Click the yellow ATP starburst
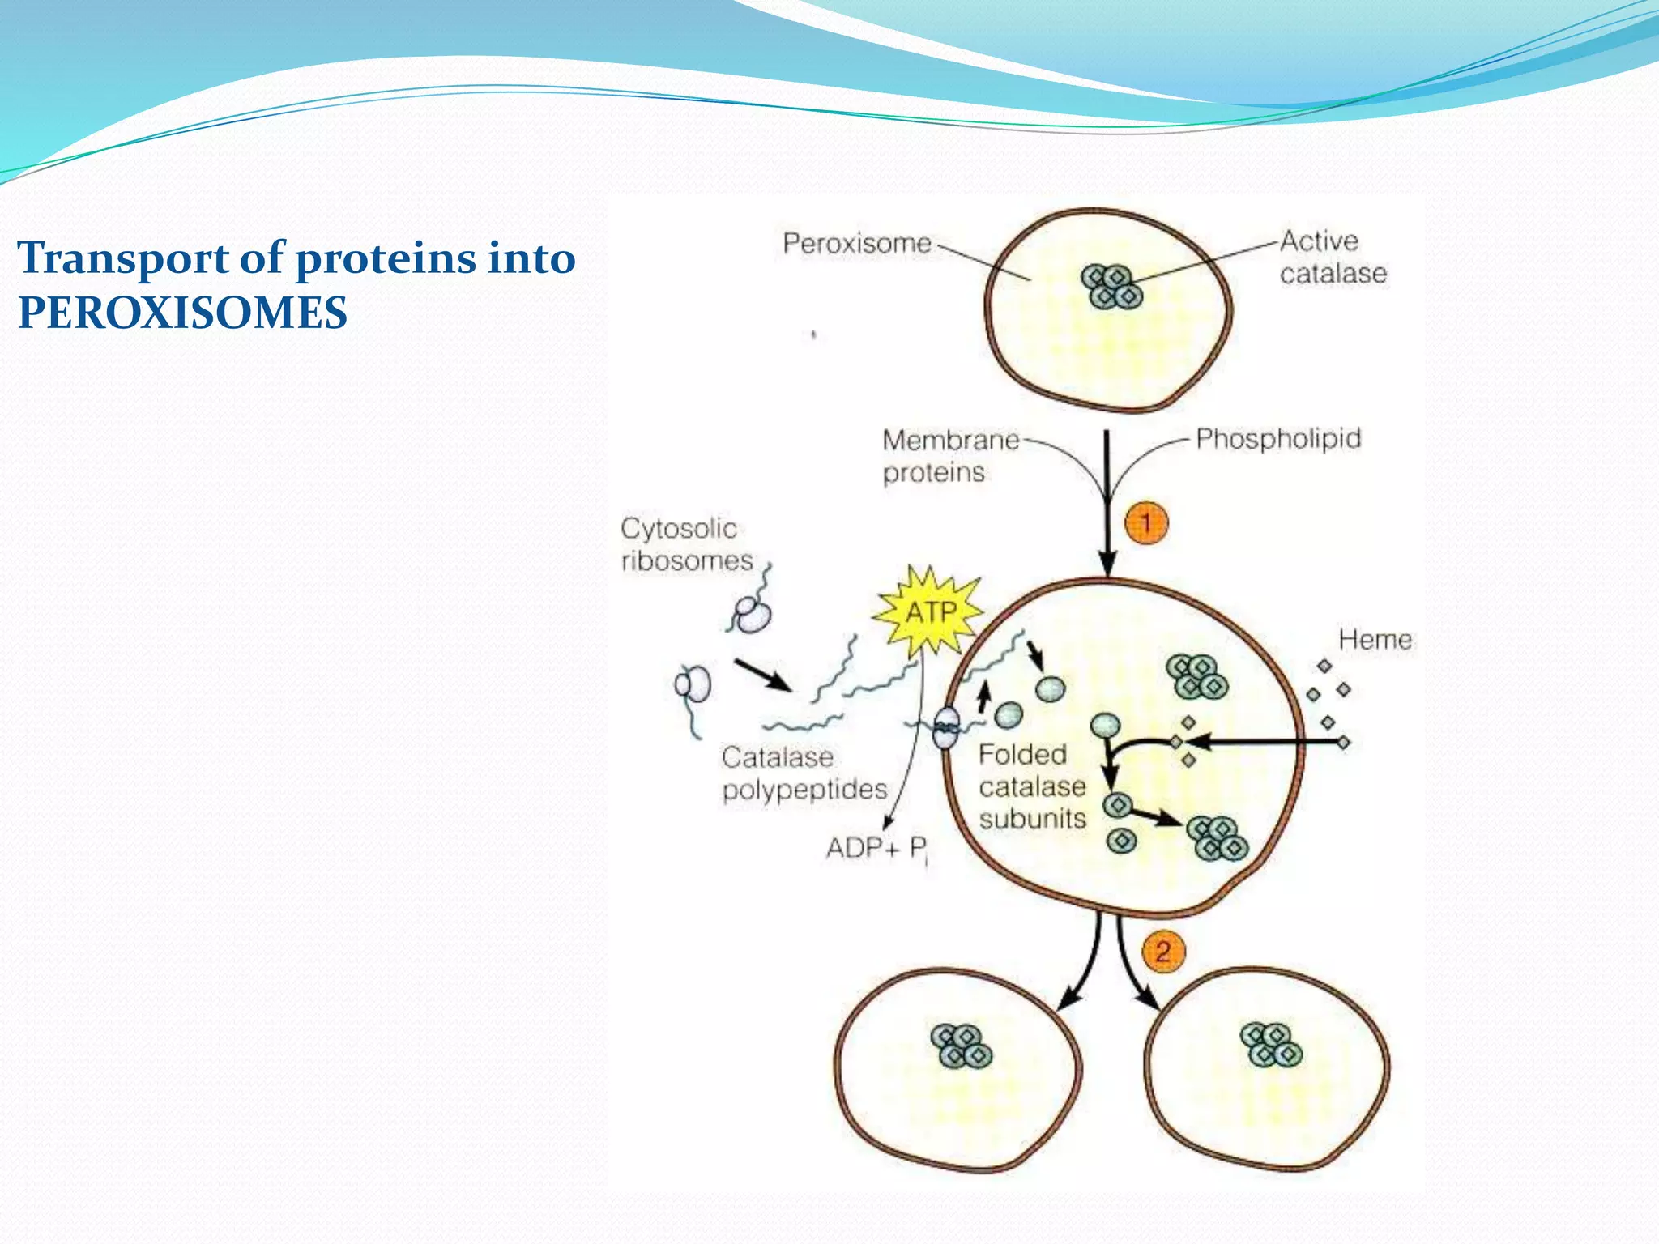[930, 612]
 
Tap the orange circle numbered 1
[1146, 522]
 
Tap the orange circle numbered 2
[1163, 951]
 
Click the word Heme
[1375, 640]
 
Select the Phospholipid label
[1278, 439]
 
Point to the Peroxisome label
[857, 243]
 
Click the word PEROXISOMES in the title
[182, 313]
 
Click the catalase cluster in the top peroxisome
[1112, 288]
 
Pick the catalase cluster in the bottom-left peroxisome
[962, 1046]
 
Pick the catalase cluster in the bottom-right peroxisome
[1271, 1045]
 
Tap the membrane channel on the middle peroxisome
[945, 727]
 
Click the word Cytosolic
[679, 529]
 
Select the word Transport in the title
[123, 258]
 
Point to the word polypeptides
[804, 790]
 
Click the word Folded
[1022, 755]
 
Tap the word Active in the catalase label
[1319, 241]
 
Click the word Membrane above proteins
[950, 440]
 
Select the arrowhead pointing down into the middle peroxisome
[1107, 562]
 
